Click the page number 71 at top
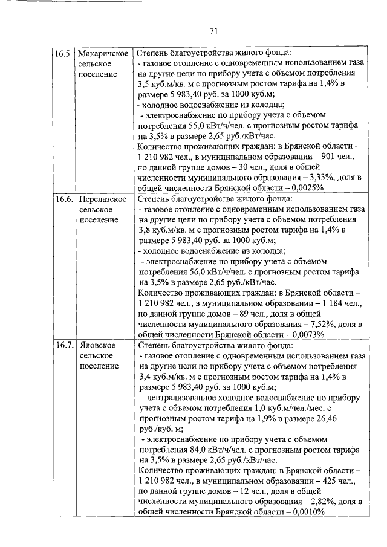(213, 31)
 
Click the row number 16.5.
(64, 53)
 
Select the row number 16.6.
(64, 199)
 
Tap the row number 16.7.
(64, 345)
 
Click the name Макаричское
(103, 53)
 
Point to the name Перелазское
(103, 199)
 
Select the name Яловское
(97, 345)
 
